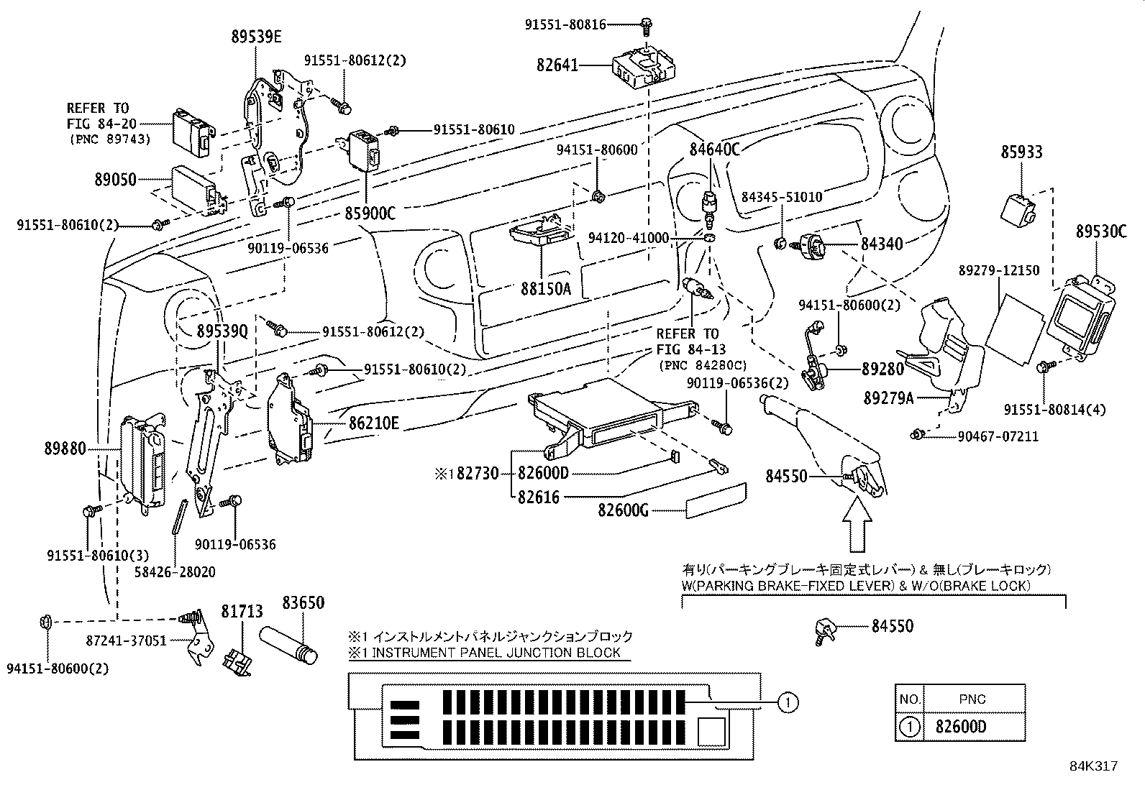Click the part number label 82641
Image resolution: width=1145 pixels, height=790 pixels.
tap(557, 65)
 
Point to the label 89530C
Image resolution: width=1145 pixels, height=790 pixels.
tap(1101, 231)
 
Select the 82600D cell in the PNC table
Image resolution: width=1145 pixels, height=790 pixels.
tap(961, 727)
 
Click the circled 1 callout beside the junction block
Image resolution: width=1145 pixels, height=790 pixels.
tap(789, 701)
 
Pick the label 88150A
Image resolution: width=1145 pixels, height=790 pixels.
tap(546, 290)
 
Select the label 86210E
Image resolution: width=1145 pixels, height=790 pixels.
tap(373, 424)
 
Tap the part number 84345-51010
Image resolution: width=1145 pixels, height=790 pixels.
tap(782, 197)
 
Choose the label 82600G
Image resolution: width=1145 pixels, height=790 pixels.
tap(624, 510)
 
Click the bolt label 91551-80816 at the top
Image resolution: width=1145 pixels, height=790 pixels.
tap(565, 25)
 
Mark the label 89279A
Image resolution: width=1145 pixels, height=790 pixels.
tap(889, 397)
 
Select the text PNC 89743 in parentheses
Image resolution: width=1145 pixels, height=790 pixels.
tap(110, 139)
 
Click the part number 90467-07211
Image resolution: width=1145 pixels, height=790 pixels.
tap(998, 436)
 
